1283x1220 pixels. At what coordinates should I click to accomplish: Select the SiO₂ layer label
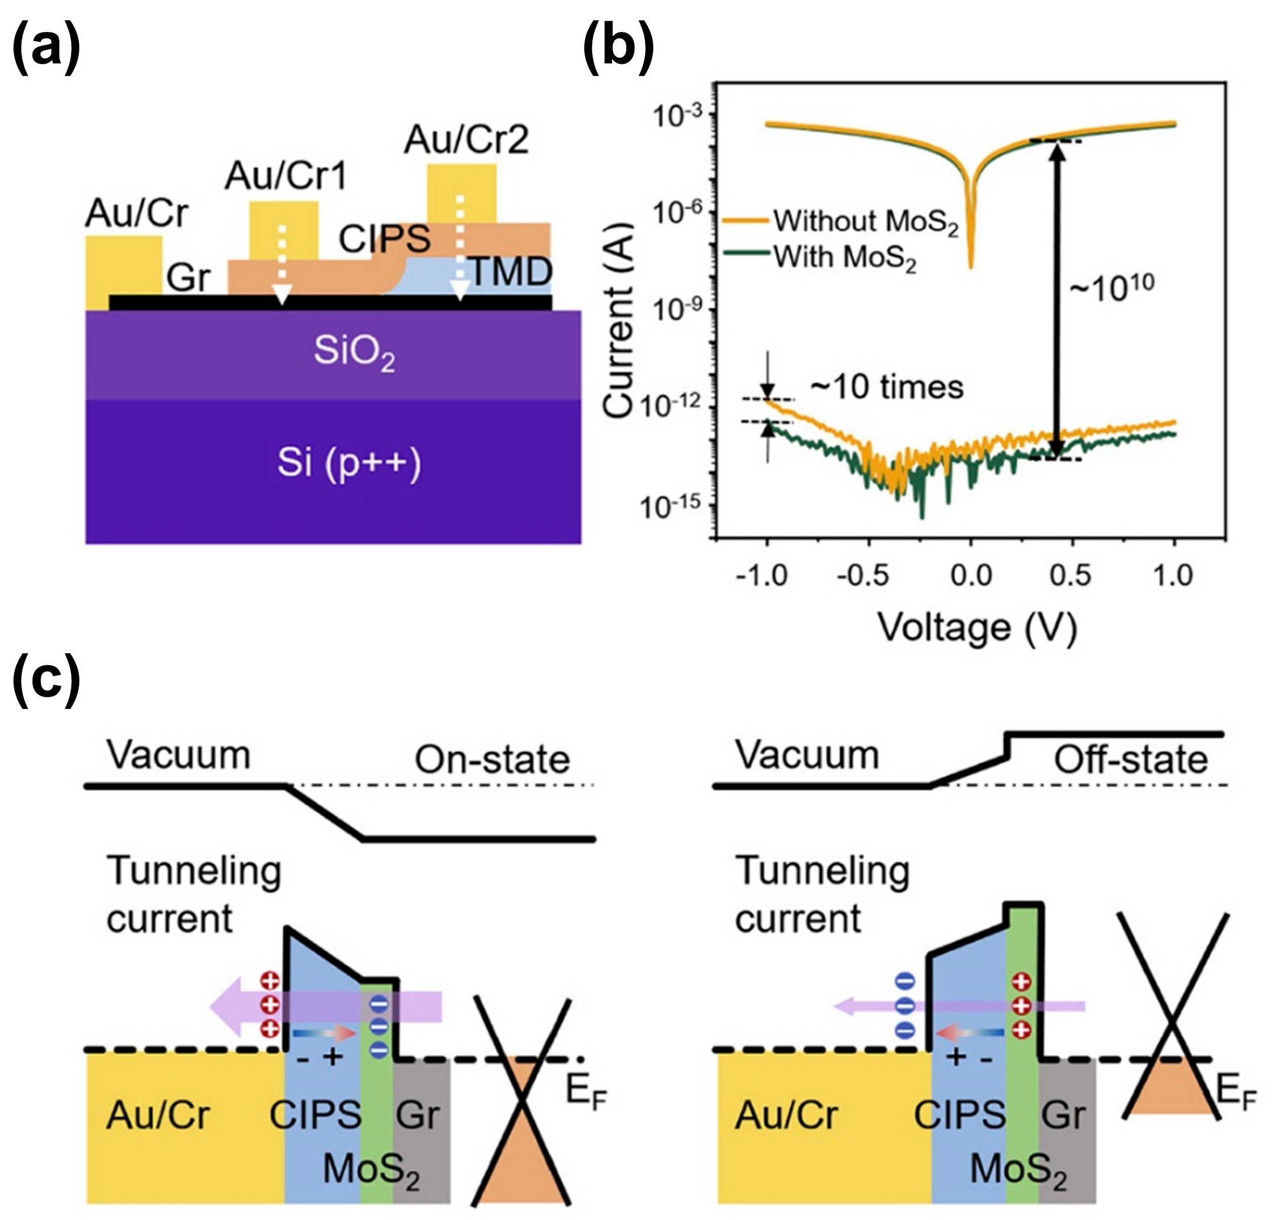354,352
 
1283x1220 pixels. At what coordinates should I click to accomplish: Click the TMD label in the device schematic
511,272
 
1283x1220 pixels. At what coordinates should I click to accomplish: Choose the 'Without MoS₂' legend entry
865,221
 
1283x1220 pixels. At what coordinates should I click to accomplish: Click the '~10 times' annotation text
886,388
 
